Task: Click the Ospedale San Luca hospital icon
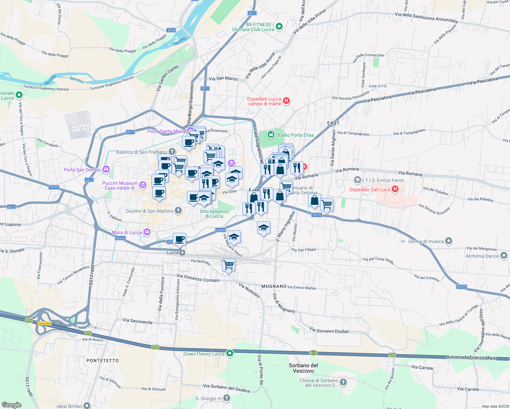click(x=395, y=189)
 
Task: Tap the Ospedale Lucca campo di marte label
click(x=264, y=101)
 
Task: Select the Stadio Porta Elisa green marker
click(x=271, y=135)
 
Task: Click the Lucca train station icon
click(x=182, y=253)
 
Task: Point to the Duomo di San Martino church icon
click(x=178, y=211)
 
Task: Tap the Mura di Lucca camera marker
click(x=147, y=232)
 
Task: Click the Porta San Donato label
click(x=82, y=170)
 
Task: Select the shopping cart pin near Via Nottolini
click(x=228, y=264)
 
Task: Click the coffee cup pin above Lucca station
click(x=179, y=239)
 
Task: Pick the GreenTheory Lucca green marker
click(x=230, y=353)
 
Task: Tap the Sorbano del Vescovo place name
click(x=303, y=368)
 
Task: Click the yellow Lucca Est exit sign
click(x=44, y=323)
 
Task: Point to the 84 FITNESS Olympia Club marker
click(x=279, y=26)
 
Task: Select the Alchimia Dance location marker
click(x=504, y=256)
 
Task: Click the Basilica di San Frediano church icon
click(x=172, y=151)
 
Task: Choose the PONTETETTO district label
click(x=103, y=360)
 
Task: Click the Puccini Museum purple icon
click(x=142, y=185)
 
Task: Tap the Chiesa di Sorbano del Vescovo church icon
click(x=343, y=382)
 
